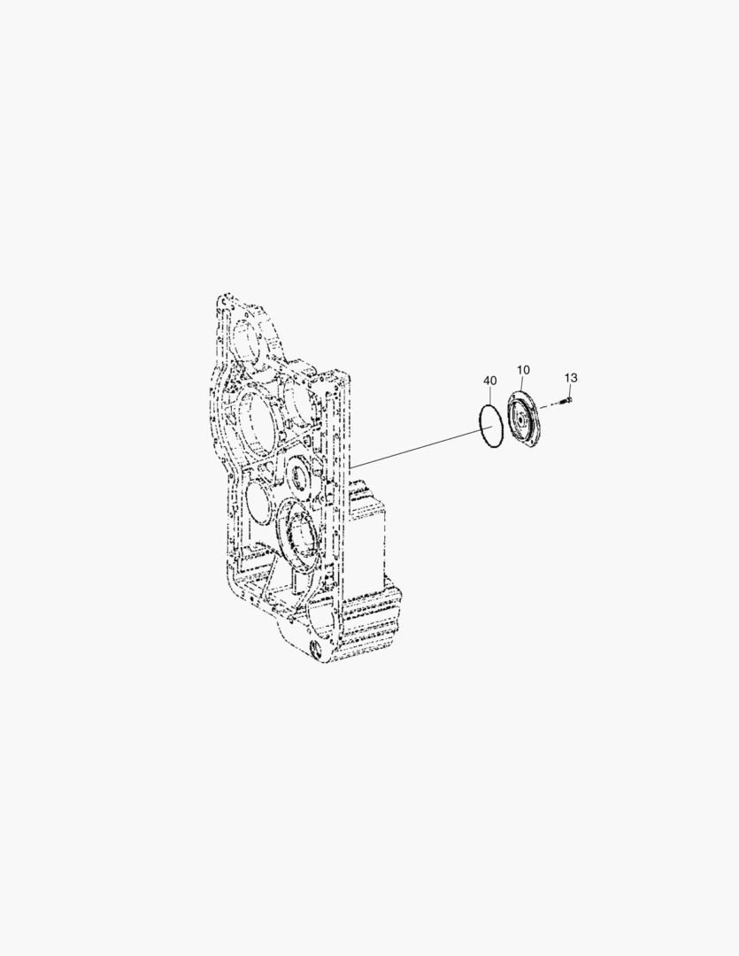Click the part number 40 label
[x=490, y=381]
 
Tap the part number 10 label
[x=523, y=369]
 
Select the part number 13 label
[x=571, y=378]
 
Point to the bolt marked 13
[x=566, y=402]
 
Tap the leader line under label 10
[x=522, y=383]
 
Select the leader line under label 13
[x=570, y=389]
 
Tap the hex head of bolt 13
[x=568, y=401]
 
